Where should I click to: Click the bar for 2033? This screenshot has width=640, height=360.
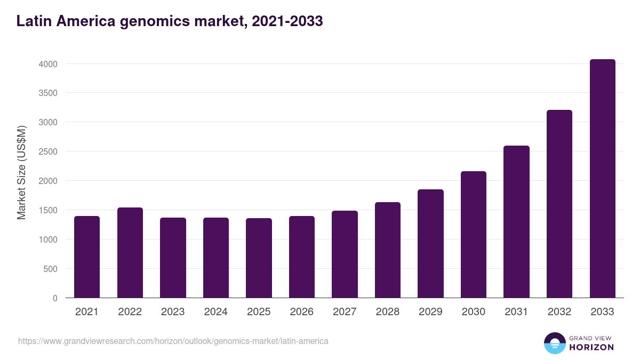coord(602,179)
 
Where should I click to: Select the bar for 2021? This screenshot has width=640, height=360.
coord(87,257)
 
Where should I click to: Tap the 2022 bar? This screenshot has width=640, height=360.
coord(130,253)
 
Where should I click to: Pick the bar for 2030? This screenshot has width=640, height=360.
coord(474,235)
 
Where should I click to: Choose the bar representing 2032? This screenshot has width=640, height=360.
coord(559,204)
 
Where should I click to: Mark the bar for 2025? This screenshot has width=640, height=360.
coord(259,258)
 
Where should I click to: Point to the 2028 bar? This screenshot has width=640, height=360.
coord(388,250)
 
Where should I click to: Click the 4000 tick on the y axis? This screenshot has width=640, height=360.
coord(48,64)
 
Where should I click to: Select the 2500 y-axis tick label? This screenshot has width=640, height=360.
coord(48,151)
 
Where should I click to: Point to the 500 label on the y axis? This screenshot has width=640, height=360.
coord(51,269)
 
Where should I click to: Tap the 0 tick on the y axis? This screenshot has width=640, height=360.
coord(55,298)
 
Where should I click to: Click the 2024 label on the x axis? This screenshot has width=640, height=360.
coord(216,312)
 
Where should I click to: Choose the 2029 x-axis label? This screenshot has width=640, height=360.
coord(430,312)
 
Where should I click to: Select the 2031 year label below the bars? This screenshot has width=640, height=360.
coord(516,312)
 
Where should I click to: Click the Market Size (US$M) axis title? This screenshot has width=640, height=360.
coord(21,172)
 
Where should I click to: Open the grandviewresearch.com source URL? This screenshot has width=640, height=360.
coord(173,341)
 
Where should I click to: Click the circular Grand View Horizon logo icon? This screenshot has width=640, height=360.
coord(554,343)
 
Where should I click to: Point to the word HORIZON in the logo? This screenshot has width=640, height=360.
coord(592,347)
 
